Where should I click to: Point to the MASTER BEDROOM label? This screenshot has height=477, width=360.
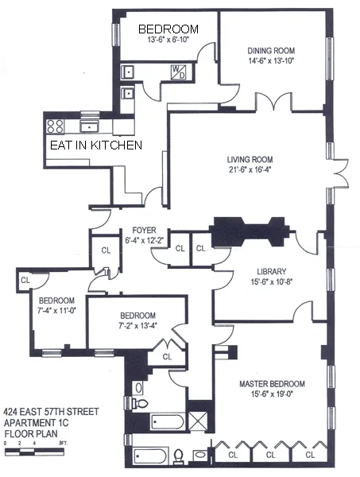(x=273, y=385)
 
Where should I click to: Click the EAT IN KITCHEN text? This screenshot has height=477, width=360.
(x=96, y=145)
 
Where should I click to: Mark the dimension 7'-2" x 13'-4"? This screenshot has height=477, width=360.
(x=136, y=324)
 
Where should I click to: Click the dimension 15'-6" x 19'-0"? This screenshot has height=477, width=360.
(x=273, y=395)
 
